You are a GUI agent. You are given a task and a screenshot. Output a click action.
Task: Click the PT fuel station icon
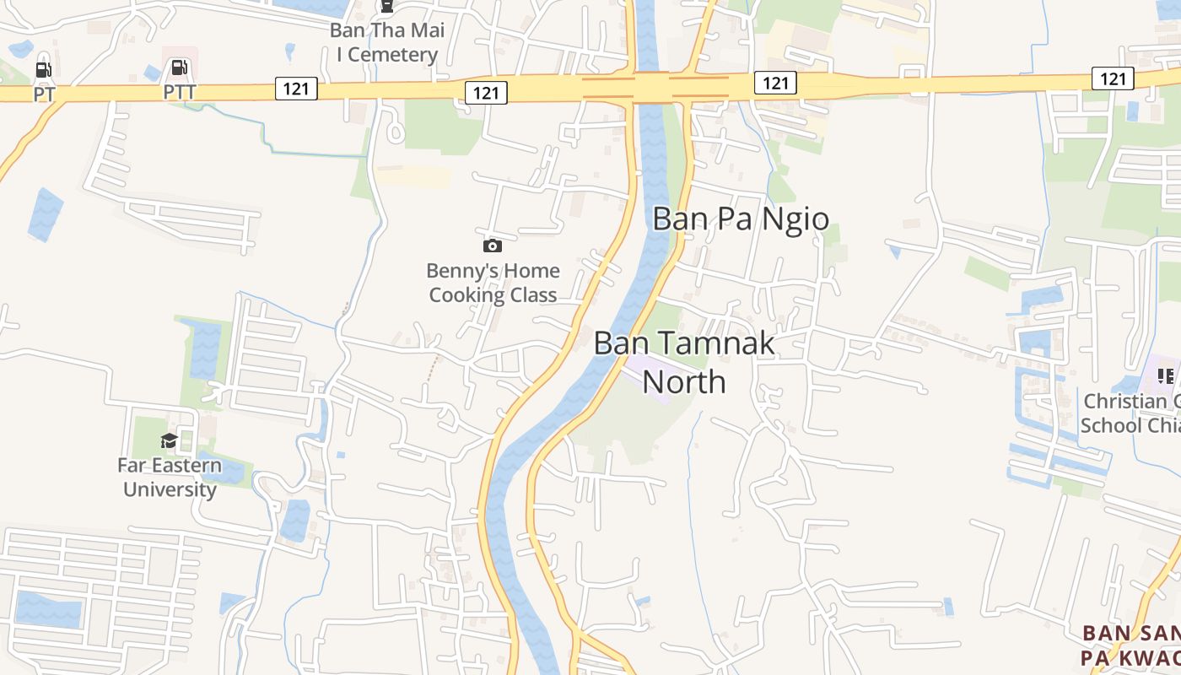tap(42, 70)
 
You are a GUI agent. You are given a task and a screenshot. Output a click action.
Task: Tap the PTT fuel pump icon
tap(179, 67)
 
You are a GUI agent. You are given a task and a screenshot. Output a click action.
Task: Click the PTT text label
tap(179, 91)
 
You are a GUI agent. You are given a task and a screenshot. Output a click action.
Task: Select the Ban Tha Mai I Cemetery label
tap(386, 43)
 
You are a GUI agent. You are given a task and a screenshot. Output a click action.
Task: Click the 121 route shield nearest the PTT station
tap(295, 88)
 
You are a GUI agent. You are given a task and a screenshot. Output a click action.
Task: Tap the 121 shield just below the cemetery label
tap(486, 93)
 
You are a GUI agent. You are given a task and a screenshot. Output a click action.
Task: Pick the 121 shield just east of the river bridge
tap(774, 82)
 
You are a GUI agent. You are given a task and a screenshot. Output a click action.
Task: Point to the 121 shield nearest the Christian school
tap(1113, 78)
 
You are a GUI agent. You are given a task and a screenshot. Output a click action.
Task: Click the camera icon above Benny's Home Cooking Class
tap(493, 246)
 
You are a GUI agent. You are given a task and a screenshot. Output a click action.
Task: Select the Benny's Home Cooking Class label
tap(493, 283)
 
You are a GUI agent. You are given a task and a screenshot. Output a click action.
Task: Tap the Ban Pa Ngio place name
tap(741, 219)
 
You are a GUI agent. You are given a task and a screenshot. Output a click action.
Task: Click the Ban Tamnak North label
tap(684, 363)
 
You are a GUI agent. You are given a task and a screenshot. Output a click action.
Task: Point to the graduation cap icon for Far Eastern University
tap(170, 440)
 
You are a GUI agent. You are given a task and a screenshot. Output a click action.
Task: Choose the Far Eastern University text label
tap(170, 477)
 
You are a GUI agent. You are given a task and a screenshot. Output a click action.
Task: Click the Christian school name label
tap(1130, 413)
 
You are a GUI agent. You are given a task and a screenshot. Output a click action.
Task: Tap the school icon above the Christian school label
tap(1166, 375)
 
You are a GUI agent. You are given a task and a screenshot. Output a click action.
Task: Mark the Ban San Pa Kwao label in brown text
tap(1130, 645)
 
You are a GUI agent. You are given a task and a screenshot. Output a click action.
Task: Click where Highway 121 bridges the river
tap(649, 87)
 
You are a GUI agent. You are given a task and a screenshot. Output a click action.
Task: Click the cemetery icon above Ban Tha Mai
tap(386, 8)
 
